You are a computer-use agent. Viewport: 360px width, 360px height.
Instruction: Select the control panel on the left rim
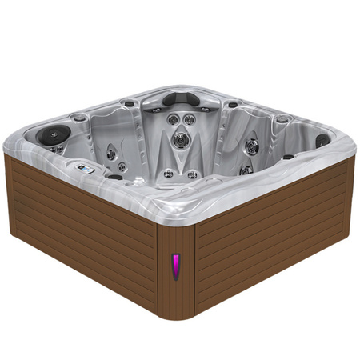(x=86, y=169)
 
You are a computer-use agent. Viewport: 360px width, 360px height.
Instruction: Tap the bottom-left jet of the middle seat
(x=168, y=173)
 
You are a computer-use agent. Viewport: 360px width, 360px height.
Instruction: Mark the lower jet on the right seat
(x=246, y=169)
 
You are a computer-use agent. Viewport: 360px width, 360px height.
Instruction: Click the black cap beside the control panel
(x=114, y=176)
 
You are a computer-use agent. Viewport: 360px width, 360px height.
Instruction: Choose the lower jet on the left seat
(x=122, y=167)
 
